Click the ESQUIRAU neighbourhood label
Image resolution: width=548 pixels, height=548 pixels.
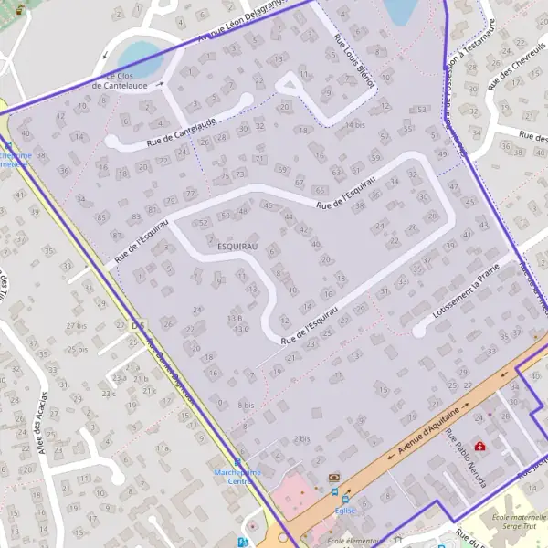coord(238,247)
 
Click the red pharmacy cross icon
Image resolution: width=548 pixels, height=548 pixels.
coord(480,447)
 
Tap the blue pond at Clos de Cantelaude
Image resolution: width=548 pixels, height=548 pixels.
coord(141,58)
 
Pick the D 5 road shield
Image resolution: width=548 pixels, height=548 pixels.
coord(139,325)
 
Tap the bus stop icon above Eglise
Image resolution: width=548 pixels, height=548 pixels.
coord(344,499)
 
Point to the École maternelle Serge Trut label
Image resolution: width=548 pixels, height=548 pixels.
coord(520,522)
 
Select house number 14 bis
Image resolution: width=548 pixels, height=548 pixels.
coord(354,124)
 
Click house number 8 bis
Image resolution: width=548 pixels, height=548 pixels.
coord(246,404)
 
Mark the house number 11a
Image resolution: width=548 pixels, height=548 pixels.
coord(163,448)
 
